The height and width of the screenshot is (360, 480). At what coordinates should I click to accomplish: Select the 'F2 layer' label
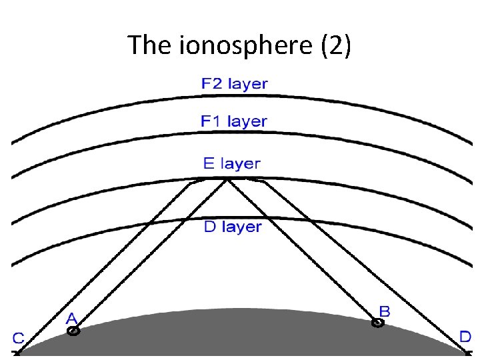click(x=234, y=84)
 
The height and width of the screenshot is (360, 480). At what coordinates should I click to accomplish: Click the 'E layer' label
click(x=232, y=163)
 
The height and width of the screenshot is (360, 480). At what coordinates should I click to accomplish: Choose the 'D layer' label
click(x=233, y=227)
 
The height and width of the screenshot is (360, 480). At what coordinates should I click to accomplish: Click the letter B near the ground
click(x=385, y=311)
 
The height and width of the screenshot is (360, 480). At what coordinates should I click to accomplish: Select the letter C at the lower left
click(x=18, y=339)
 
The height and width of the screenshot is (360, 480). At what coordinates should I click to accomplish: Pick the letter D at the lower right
click(x=465, y=336)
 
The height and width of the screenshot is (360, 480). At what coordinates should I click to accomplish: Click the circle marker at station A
click(x=73, y=330)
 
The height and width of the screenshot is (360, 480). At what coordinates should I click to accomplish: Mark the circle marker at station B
click(x=377, y=323)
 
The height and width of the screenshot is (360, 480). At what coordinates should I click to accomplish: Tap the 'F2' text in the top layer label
click(x=211, y=84)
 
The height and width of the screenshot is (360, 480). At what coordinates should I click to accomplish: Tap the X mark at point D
click(x=467, y=354)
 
